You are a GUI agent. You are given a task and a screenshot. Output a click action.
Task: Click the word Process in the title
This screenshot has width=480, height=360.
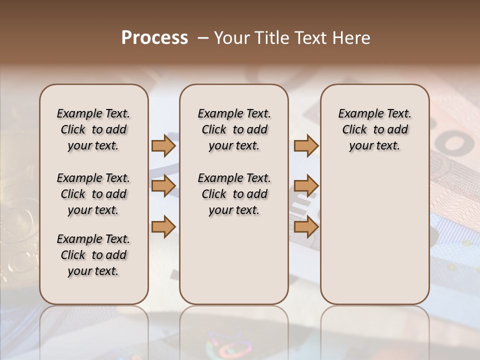coord(154,38)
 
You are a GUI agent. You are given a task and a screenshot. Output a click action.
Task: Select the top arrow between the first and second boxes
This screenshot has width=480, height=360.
coord(163,145)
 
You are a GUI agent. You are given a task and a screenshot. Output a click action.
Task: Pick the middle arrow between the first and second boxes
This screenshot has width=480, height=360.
coord(163,186)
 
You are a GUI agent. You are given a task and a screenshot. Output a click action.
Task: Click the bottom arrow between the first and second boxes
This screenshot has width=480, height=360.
coord(163,227)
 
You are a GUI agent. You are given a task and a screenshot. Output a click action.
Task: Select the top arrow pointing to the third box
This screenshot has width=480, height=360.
coord(306,145)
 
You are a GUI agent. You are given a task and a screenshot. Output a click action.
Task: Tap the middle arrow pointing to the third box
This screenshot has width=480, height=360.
coord(306,186)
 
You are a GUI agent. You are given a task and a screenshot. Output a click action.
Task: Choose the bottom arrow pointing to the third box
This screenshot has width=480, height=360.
coord(306,227)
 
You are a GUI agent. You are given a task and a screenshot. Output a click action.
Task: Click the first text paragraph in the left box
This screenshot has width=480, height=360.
coord(93,129)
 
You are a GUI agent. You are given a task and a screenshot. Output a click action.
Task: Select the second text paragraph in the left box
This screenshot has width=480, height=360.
coord(93,194)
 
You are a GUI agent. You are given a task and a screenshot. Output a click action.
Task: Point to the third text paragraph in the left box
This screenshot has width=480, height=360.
coord(93,255)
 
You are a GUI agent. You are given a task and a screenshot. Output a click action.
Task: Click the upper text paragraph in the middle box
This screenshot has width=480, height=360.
coord(234,129)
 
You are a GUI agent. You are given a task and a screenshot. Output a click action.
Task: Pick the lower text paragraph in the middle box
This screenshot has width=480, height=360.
coord(234,194)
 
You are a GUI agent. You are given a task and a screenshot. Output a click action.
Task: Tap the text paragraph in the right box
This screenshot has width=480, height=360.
coord(374,129)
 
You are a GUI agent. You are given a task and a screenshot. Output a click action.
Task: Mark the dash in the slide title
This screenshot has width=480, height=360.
coord(203,38)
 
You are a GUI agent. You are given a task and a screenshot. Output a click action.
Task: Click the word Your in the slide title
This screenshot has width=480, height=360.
coord(232,38)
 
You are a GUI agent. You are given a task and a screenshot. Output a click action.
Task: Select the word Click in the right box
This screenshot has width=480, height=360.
coord(354,130)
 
